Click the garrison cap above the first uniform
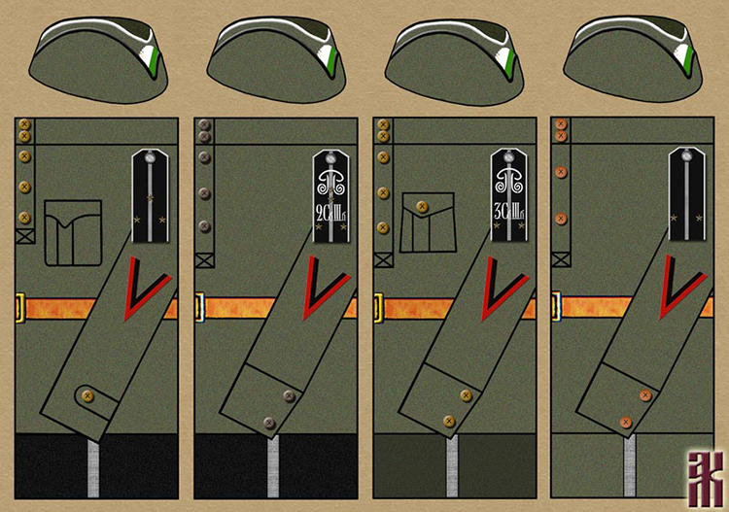pos(102,58)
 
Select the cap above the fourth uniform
pos(637,58)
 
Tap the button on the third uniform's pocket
pos(422,207)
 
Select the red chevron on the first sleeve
pos(146,290)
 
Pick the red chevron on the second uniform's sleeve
pos(325,290)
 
